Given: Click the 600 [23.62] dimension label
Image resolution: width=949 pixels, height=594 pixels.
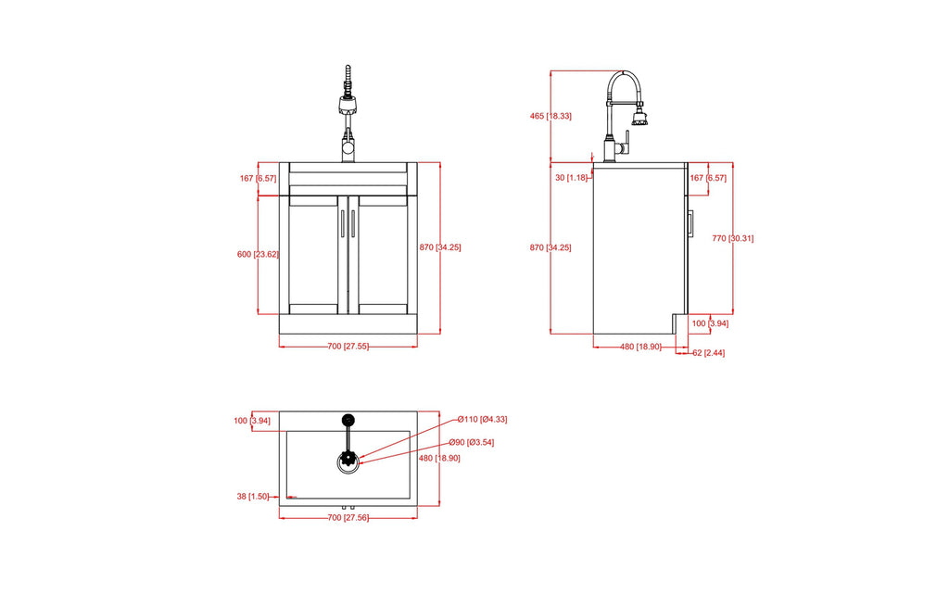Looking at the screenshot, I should click(258, 254).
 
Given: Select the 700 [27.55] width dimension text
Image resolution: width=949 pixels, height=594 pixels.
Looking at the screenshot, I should click(348, 347).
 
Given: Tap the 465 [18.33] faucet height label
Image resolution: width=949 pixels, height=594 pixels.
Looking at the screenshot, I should click(550, 116).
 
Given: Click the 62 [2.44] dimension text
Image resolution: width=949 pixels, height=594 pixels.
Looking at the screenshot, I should click(709, 353).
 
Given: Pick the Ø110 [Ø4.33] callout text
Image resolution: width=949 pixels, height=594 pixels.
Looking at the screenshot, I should click(481, 419).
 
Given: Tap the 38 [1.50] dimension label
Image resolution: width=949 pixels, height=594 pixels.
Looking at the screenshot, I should click(251, 497).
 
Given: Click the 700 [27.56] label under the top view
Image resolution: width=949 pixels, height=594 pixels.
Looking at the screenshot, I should click(348, 517).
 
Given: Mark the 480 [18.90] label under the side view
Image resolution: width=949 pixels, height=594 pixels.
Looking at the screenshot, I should click(640, 347).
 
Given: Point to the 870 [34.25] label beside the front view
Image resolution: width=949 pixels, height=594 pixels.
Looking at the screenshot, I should click(439, 247).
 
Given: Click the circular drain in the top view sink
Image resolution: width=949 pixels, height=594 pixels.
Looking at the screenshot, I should click(348, 461).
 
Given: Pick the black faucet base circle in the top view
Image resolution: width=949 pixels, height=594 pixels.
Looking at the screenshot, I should click(348, 420).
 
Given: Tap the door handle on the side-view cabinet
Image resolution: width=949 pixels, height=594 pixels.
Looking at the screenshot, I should click(691, 224).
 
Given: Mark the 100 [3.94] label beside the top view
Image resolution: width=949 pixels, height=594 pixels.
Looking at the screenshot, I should click(251, 421).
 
